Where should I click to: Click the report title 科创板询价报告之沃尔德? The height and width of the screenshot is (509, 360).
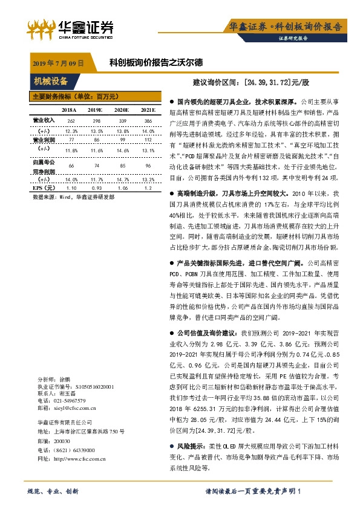click(155, 62)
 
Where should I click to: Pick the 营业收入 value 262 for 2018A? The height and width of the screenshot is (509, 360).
click(71, 120)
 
